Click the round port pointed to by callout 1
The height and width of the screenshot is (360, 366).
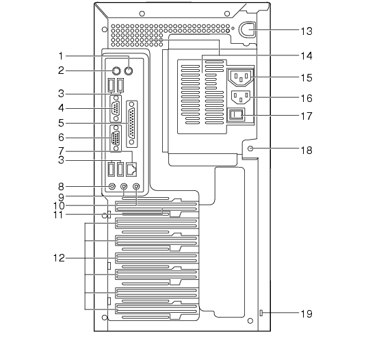[129, 70]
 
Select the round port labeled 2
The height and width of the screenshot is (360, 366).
[116, 70]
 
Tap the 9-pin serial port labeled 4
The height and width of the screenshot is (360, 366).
[116, 109]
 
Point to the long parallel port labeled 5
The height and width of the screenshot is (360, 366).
[131, 123]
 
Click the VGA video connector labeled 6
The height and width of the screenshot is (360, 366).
[116, 138]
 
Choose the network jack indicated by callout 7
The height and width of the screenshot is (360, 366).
[131, 170]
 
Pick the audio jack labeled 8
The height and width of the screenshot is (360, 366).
[112, 187]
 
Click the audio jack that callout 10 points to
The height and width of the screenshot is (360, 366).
[136, 187]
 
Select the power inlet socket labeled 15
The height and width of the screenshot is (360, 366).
[240, 77]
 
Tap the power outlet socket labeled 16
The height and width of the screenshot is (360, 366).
[240, 97]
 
